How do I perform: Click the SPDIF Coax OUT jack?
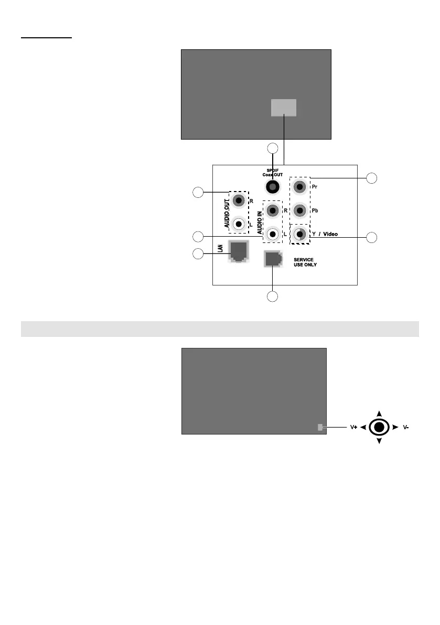(272, 186)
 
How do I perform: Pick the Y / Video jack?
(299, 234)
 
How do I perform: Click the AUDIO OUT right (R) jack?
(239, 200)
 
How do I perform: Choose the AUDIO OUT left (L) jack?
(239, 224)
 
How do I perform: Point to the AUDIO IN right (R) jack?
(272, 211)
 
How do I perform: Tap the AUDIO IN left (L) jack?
(272, 234)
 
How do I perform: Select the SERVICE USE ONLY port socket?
(272, 258)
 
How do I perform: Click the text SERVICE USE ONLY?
(305, 262)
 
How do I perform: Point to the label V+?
(354, 427)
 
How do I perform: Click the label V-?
(405, 427)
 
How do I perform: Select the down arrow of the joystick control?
(379, 441)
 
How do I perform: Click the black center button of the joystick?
(379, 427)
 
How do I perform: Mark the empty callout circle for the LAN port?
(197, 254)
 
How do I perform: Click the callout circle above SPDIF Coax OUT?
(272, 148)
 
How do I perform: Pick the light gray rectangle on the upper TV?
(283, 108)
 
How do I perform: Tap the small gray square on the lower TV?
(320, 428)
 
